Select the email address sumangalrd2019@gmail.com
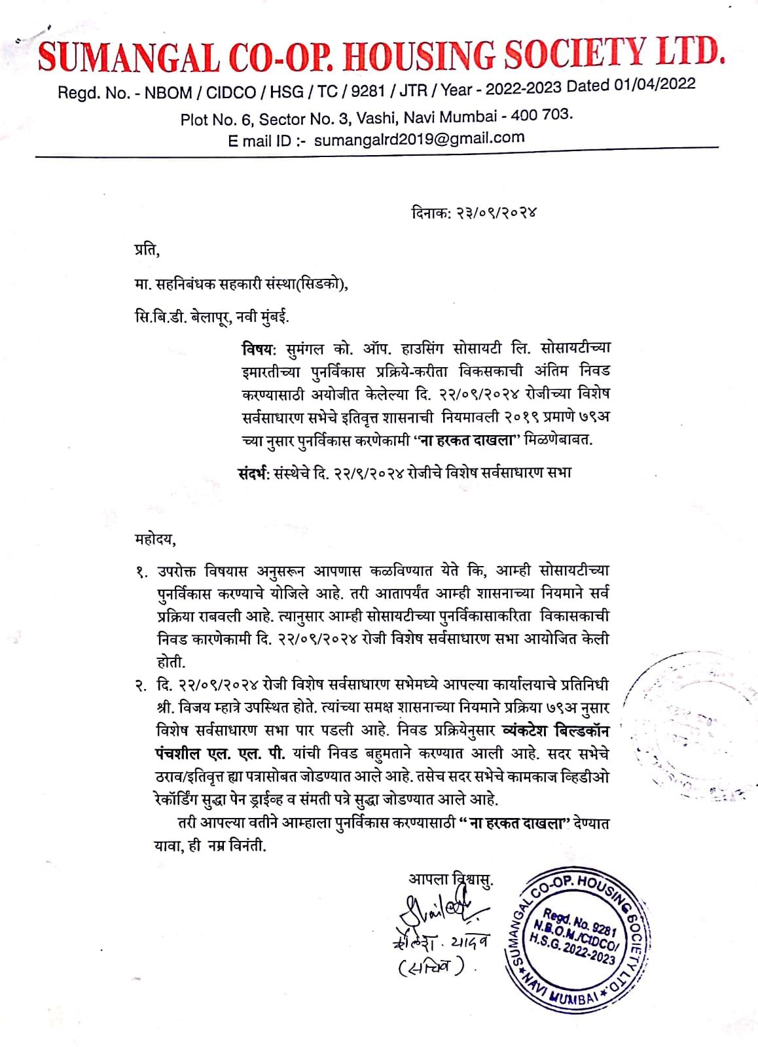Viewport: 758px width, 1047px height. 419,138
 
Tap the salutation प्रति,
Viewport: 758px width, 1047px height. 143,250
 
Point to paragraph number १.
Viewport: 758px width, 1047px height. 141,573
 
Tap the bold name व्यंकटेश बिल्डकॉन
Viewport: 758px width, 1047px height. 554,731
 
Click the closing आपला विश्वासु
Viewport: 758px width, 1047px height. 451,879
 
